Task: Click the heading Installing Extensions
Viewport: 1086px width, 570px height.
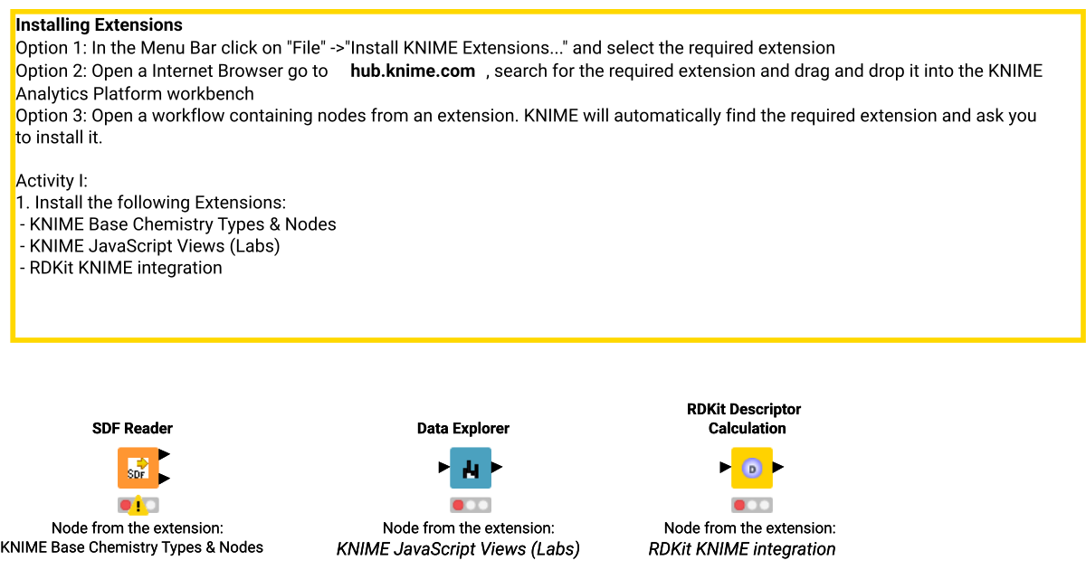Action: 99,25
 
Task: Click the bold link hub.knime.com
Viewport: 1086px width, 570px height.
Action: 413,71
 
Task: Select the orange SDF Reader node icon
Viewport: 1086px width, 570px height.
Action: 138,468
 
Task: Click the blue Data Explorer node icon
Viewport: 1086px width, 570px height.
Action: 471,468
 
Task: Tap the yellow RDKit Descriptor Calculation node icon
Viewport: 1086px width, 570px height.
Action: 751,468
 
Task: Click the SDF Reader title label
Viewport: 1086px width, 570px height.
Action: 132,428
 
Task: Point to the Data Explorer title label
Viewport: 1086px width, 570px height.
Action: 462,428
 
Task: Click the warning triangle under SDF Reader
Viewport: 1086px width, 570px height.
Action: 138,506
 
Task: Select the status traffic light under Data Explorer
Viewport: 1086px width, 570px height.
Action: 471,505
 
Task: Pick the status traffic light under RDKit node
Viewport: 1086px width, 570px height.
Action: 751,505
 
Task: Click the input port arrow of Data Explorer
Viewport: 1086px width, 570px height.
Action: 443,468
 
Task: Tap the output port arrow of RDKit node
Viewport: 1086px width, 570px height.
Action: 778,468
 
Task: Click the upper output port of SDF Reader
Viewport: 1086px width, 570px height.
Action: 164,454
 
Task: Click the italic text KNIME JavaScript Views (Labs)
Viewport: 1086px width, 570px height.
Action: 458,549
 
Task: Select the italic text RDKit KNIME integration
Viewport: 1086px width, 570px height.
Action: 742,549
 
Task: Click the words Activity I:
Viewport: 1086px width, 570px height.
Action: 52,181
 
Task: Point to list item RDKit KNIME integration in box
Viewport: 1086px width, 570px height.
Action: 125,268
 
